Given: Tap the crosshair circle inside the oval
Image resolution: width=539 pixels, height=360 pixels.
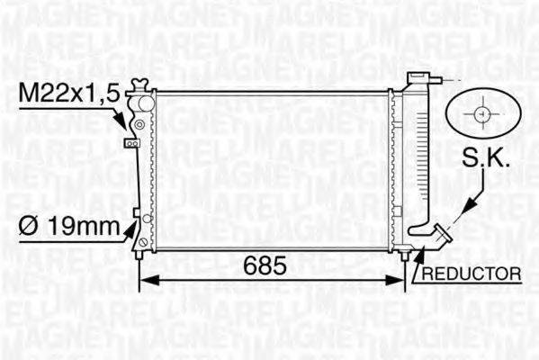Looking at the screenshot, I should tap(482, 114).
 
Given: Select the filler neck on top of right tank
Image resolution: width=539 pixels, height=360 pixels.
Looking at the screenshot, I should tap(419, 79).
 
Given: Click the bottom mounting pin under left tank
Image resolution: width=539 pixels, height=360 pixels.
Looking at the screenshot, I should tap(139, 254).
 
